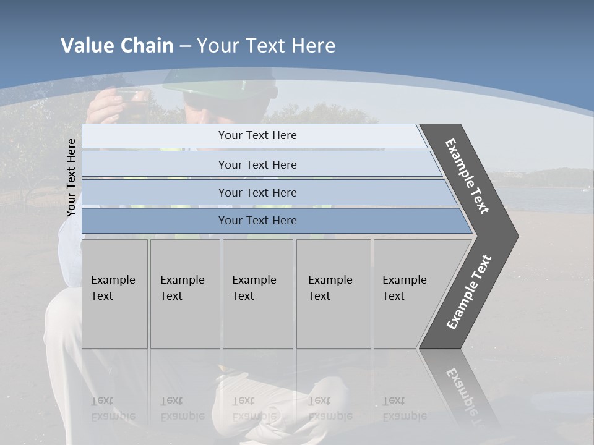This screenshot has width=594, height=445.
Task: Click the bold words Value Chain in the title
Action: pos(117,46)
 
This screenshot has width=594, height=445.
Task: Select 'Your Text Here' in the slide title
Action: pos(266,46)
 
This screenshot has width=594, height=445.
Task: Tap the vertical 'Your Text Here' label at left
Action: pos(71,177)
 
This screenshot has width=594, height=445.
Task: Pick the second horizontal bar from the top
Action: pos(257,164)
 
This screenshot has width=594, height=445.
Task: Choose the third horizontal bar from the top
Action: pos(257,192)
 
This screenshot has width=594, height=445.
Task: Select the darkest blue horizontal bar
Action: pos(257,221)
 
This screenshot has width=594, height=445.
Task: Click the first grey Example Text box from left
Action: pos(114,294)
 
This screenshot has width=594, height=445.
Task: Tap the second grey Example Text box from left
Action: pos(184,294)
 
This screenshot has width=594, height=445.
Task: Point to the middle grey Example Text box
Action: pos(257,294)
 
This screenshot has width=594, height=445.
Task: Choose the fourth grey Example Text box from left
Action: pos(333,294)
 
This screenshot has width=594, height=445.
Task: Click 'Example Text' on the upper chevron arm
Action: pos(467,176)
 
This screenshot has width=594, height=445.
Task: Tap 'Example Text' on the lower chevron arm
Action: pos(469,292)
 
